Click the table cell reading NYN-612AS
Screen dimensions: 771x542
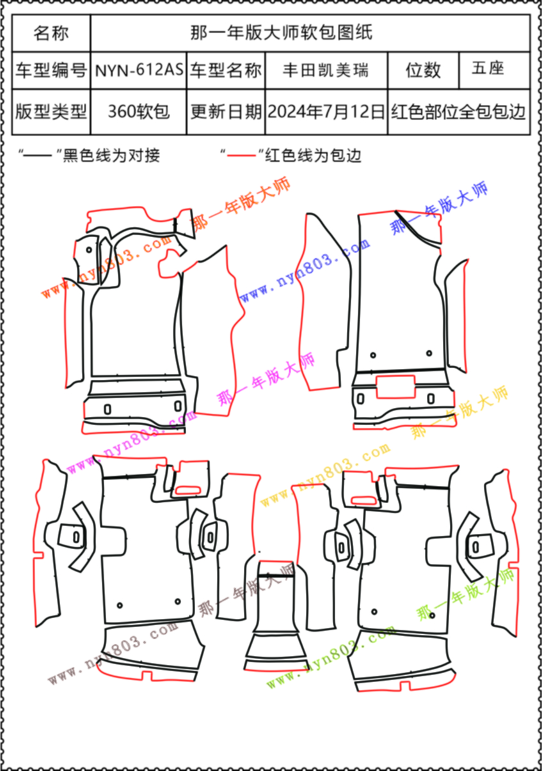139,70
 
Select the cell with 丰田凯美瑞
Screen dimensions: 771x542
326,70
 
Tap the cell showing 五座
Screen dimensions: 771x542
488,69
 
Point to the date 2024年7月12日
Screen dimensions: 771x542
326,112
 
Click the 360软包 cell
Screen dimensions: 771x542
139,112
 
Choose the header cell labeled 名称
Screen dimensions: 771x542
51,33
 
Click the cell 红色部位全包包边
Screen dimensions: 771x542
458,112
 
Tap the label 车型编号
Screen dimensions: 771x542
51,70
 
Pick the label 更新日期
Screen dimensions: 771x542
226,112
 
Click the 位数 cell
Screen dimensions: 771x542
423,70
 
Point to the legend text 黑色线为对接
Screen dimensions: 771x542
111,155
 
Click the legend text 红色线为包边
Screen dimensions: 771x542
314,155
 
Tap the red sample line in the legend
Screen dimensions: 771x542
241,155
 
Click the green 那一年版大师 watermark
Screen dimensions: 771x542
465,596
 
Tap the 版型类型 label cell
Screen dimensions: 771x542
51,112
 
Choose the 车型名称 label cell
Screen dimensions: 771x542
226,70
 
